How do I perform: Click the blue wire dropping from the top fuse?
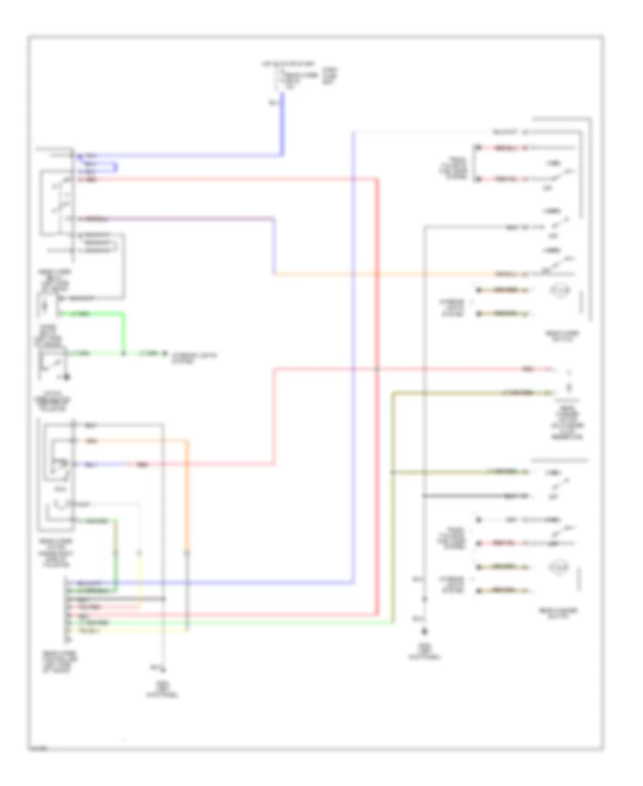coord(283,125)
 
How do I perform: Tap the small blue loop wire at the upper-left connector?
coord(116,168)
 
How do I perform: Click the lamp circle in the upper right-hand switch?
coord(558,290)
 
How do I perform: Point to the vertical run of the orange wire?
coord(189,500)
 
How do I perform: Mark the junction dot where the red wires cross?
coord(377,369)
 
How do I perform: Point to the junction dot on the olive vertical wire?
coord(392,473)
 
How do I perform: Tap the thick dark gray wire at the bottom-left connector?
coord(114,598)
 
